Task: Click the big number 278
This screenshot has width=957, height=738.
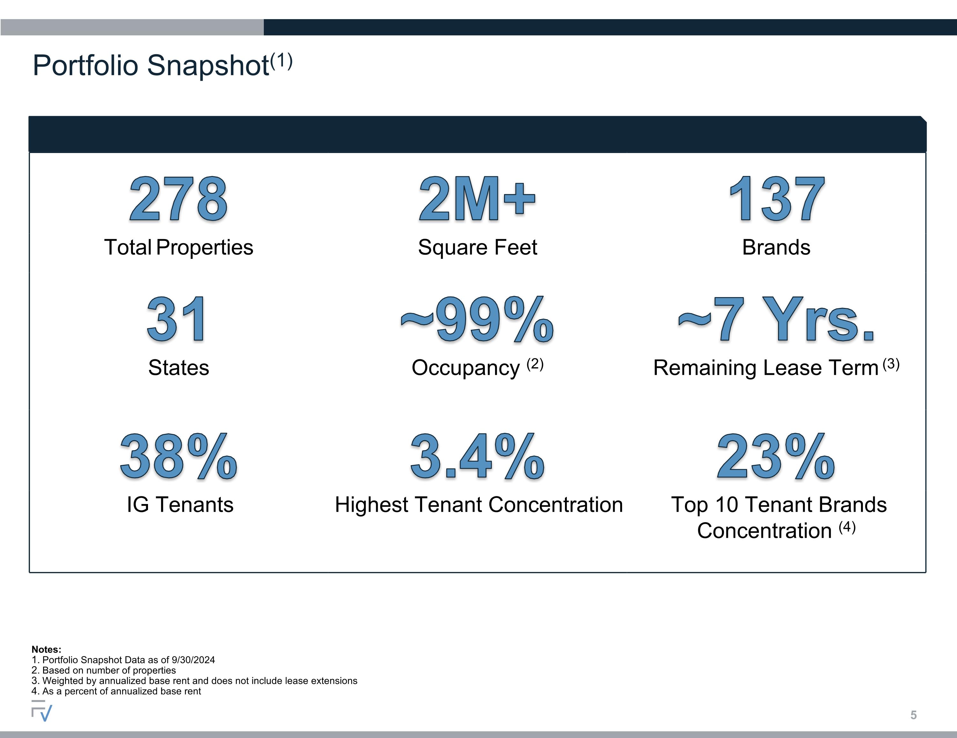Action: click(178, 199)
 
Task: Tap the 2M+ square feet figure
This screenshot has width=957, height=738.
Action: click(477, 199)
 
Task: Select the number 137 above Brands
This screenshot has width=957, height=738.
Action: click(777, 199)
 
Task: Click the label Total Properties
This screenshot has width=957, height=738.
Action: click(178, 247)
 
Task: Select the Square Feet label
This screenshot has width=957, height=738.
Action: click(477, 247)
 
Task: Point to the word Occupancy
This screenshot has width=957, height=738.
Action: click(465, 368)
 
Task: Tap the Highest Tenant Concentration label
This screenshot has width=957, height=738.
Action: click(479, 505)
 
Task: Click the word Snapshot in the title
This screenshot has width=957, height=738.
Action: click(208, 66)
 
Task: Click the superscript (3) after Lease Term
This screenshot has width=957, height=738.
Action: click(891, 364)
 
